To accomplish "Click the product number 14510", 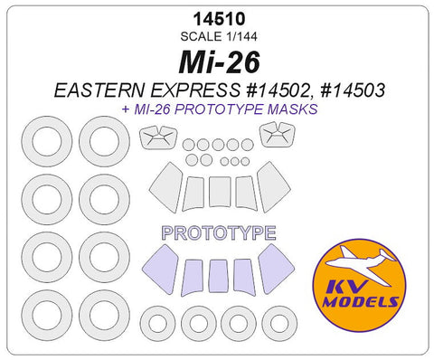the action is click(220, 19).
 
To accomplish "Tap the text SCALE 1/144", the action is click(219, 36).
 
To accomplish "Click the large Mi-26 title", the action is click(220, 62).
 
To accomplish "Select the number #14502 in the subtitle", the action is click(278, 90).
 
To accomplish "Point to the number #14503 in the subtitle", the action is click(353, 90).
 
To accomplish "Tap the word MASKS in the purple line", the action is click(293, 109).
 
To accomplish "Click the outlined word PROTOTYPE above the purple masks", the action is click(219, 232).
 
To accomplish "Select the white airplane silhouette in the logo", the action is click(360, 265).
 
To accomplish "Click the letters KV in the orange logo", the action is click(346, 288).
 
